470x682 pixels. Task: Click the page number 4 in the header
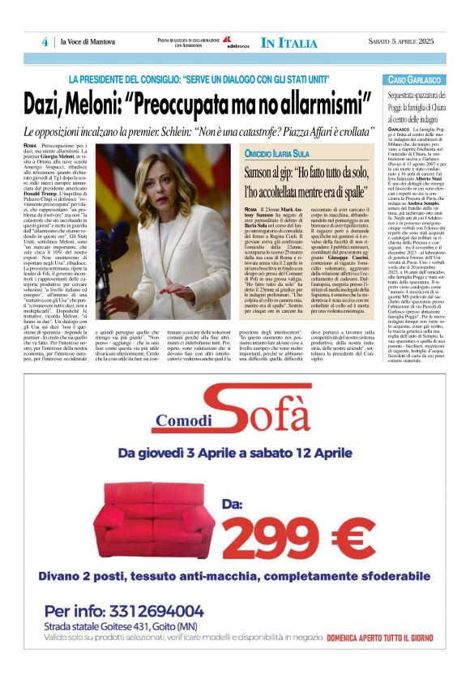45,42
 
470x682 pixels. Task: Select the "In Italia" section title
289,42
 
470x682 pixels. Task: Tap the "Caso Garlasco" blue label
413,80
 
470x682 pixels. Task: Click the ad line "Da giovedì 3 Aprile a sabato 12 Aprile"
234,454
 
